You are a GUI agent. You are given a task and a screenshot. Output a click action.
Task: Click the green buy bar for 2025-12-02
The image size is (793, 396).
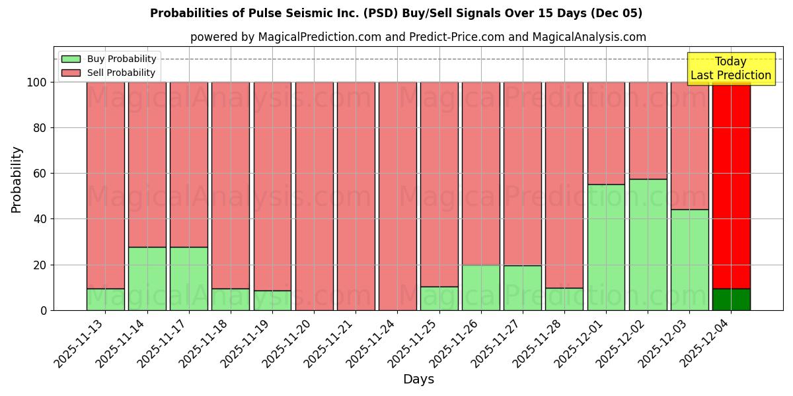point(648,244)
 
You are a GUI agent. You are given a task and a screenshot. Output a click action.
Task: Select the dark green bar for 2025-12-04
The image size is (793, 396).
point(731,299)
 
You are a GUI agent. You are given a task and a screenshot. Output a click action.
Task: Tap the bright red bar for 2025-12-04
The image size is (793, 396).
point(731,185)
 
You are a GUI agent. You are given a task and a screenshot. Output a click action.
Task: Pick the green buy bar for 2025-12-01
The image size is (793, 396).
point(606,247)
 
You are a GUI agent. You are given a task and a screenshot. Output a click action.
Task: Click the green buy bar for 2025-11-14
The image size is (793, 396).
point(147,279)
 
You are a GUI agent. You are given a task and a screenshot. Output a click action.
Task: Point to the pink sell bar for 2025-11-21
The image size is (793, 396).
point(356,196)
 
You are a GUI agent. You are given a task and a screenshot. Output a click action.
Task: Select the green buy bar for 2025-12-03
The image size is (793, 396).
point(689,259)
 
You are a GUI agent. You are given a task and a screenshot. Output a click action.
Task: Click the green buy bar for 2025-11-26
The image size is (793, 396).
point(480,287)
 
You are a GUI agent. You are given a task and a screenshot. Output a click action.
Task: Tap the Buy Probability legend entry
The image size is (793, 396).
point(109,59)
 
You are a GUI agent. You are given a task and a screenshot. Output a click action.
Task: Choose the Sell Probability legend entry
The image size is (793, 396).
point(109,73)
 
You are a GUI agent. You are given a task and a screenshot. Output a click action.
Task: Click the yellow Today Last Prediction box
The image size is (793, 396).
point(730,69)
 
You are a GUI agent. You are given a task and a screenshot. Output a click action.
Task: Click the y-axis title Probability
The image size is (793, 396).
point(17,180)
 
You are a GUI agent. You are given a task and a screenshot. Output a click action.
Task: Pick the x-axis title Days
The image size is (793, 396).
point(418,379)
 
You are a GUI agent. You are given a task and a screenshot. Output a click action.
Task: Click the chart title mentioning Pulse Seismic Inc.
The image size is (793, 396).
point(396,13)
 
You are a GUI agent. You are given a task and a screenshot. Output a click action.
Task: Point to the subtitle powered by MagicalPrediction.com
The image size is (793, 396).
point(418,37)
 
